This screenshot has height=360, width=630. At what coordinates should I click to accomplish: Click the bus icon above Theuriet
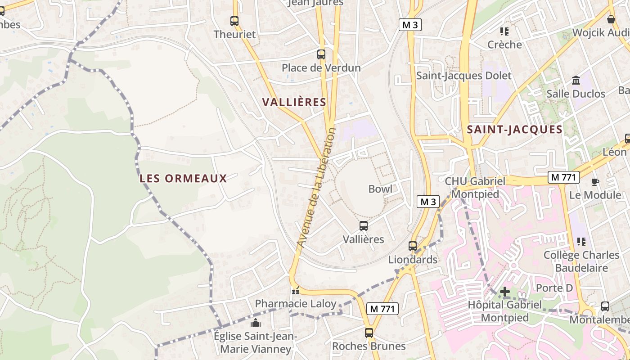tap(234, 21)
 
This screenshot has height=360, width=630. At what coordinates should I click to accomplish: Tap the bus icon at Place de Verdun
tap(321, 54)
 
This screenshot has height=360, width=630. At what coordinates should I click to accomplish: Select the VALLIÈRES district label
tap(294, 102)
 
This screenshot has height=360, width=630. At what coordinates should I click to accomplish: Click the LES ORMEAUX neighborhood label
tap(183, 178)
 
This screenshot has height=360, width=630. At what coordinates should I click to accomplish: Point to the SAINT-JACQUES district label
tap(514, 130)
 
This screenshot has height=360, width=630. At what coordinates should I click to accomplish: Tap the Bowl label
tap(380, 189)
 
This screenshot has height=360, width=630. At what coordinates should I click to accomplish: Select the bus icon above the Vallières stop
tap(364, 226)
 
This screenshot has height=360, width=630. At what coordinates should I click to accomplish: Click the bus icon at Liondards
tap(413, 246)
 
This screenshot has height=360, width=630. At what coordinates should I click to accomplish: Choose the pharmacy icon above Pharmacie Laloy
tap(295, 291)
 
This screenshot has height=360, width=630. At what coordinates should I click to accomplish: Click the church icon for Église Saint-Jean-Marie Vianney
tap(256, 323)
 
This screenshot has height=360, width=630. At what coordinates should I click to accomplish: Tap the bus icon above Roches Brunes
tap(369, 333)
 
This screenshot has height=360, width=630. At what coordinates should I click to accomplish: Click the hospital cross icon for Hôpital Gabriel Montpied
tap(505, 292)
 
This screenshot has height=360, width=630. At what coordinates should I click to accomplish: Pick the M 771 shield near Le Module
tap(563, 177)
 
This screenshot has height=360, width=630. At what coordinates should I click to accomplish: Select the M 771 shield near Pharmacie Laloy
tap(383, 309)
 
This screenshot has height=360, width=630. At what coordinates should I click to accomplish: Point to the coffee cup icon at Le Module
tap(595, 182)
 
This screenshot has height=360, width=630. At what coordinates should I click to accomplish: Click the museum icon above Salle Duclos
tap(576, 81)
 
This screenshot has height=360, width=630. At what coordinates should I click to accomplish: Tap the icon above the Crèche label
tap(504, 31)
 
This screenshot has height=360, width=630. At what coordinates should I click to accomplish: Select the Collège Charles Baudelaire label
tap(581, 261)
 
